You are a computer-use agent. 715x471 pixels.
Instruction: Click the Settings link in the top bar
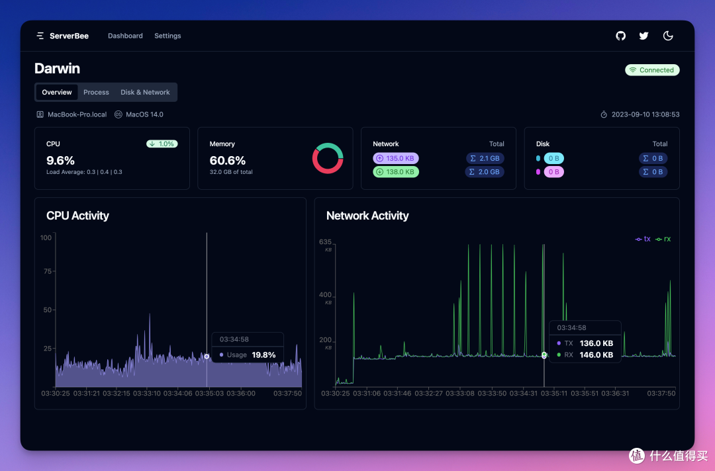167,36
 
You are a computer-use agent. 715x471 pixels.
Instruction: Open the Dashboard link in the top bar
125,36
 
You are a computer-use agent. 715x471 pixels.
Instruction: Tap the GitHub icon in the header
620,36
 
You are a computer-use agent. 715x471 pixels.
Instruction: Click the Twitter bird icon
643,36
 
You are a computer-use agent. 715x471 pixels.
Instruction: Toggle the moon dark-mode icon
668,36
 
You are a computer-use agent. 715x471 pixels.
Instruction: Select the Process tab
96,93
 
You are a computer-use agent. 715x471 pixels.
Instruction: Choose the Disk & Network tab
145,93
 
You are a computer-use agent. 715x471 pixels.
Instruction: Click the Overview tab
57,93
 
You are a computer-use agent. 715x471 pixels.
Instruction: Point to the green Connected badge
652,70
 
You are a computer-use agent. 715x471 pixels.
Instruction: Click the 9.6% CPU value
60,161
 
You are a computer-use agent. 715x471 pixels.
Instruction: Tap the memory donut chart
328,158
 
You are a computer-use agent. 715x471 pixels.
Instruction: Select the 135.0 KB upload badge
396,159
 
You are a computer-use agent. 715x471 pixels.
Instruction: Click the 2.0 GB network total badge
485,172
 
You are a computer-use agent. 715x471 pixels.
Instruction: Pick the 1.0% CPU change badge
162,144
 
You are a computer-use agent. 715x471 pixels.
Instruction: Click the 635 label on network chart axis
325,242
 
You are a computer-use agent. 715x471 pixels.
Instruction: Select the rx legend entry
663,239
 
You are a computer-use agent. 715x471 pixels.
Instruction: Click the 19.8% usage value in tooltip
263,355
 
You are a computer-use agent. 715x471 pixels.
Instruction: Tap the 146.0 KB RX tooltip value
596,355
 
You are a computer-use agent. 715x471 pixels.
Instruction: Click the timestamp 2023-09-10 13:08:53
645,114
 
